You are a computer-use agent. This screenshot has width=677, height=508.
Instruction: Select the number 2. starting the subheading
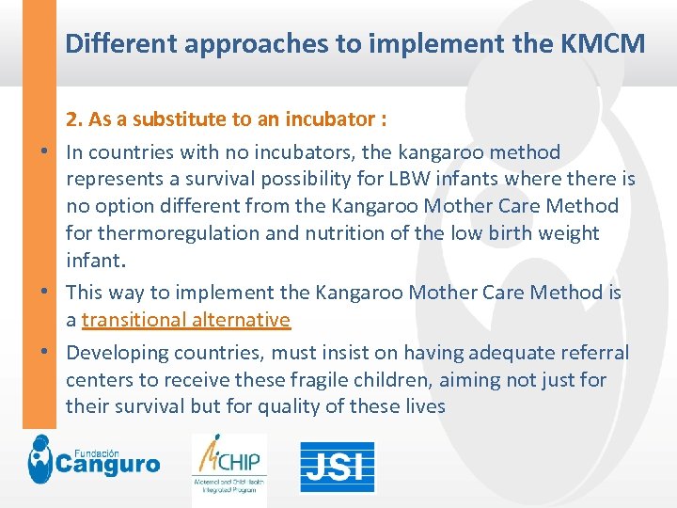74,119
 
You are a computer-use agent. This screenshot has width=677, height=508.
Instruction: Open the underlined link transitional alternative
186,320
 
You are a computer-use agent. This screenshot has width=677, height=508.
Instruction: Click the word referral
596,353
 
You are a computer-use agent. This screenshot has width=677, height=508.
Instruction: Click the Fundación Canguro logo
93,460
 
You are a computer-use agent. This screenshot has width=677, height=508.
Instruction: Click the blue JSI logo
337,468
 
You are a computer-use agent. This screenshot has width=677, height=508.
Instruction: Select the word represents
111,179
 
